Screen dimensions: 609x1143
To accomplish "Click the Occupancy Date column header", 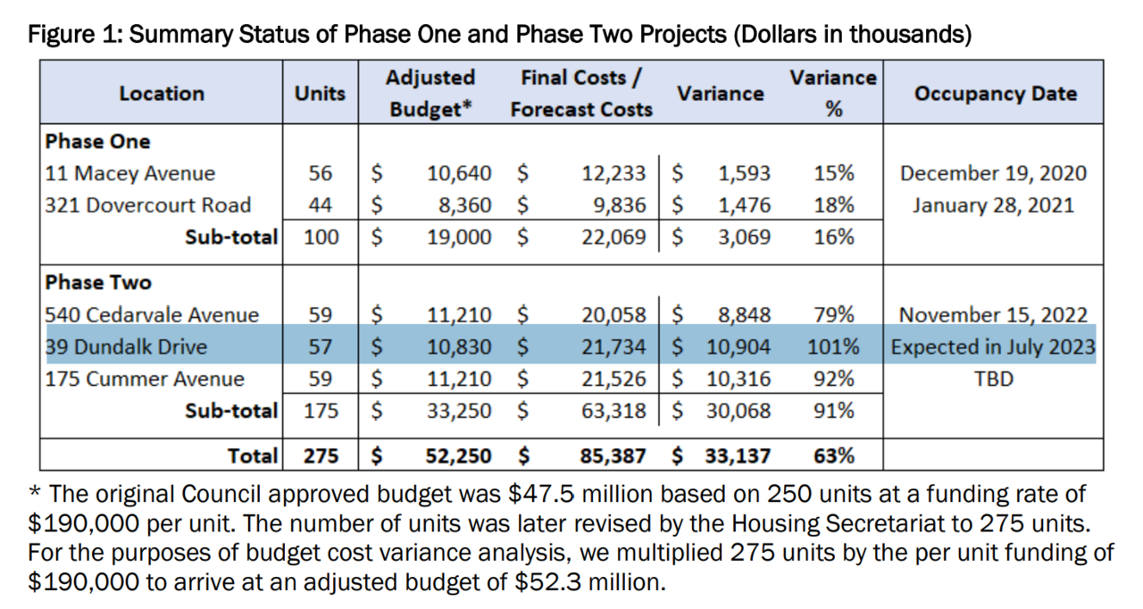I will (x=994, y=94).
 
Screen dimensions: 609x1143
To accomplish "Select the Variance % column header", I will (x=833, y=94).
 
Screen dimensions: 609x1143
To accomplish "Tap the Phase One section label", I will (x=97, y=141).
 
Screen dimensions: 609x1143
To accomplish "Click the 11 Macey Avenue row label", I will (x=130, y=173).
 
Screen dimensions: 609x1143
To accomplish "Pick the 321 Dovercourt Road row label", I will (x=147, y=205).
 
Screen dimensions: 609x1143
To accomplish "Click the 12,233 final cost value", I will (x=615, y=173).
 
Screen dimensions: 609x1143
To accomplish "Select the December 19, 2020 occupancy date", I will (x=993, y=173).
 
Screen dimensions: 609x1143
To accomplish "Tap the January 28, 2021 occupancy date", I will (x=993, y=205).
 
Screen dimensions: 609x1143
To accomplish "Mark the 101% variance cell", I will (x=832, y=346).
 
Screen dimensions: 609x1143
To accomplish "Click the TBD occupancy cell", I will (x=993, y=379).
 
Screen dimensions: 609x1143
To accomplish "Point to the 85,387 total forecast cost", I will (x=612, y=455).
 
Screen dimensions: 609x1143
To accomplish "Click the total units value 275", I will (x=321, y=455).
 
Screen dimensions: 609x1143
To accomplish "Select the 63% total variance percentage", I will (x=834, y=455).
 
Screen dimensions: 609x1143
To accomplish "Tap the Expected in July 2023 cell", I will (x=993, y=346).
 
